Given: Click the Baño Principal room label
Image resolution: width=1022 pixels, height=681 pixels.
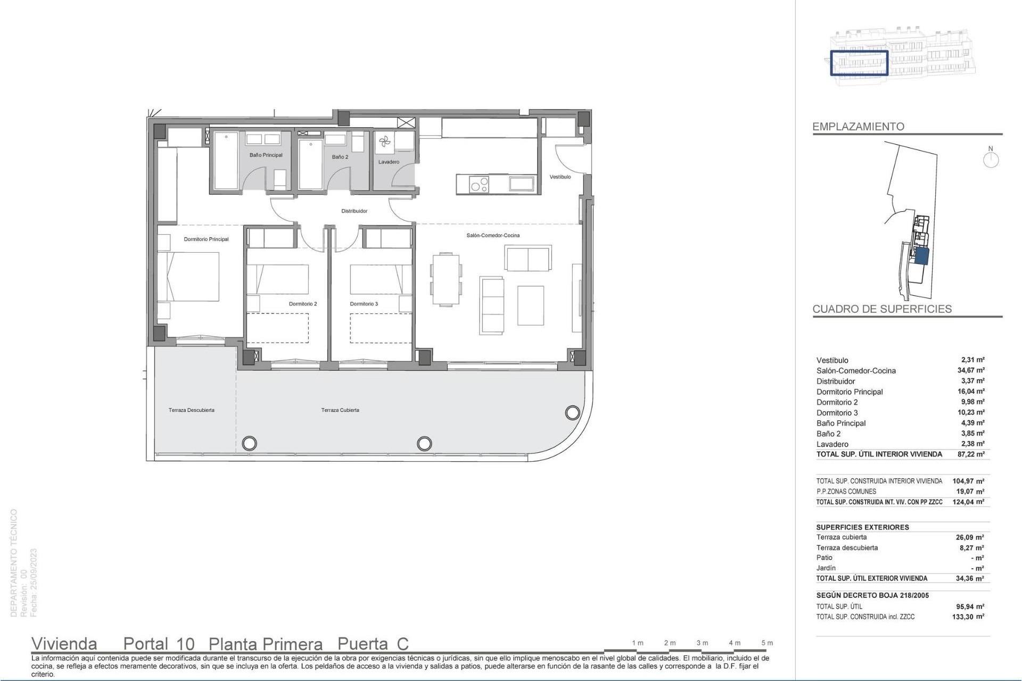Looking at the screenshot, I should (x=266, y=155).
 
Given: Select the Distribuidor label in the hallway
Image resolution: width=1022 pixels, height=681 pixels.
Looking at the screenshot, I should (x=354, y=211).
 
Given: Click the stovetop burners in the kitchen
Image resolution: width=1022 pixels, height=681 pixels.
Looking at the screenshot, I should (x=479, y=184).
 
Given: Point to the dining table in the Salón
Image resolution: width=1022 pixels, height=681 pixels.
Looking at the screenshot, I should (x=446, y=279).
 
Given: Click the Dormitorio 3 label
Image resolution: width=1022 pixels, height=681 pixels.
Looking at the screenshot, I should (x=364, y=304).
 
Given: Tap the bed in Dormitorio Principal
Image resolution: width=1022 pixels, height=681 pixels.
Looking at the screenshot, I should (x=193, y=276).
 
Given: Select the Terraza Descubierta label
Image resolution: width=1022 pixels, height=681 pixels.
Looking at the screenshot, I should (x=191, y=410).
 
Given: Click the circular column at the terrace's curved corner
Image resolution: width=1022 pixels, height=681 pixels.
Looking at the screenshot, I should (x=572, y=412).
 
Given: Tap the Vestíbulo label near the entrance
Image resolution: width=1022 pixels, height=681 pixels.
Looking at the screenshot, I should (x=560, y=177).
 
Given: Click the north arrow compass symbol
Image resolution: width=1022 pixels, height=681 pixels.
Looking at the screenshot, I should (x=991, y=159).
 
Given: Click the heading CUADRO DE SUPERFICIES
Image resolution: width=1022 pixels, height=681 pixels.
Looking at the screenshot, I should (x=881, y=309).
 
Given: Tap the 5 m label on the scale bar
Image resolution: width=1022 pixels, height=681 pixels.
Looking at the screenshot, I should (x=767, y=643).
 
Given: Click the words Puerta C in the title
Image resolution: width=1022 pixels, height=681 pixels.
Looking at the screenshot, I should (x=373, y=644).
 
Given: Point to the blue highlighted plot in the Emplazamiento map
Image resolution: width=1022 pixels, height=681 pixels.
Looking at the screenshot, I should (x=921, y=256).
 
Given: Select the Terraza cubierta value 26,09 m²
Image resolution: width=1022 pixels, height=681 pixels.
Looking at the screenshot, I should (x=970, y=537).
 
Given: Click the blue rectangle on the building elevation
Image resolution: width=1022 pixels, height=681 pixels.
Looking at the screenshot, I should (x=859, y=63).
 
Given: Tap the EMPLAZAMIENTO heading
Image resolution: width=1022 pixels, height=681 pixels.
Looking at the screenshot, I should (x=858, y=127).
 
